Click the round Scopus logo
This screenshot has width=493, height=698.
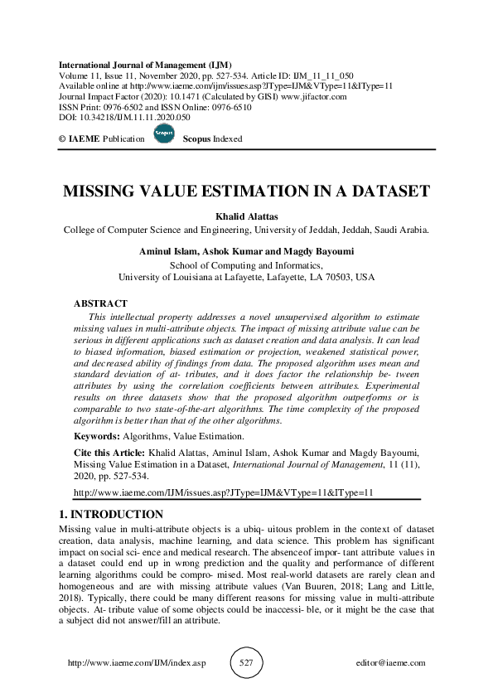pyautogui.click(x=163, y=138)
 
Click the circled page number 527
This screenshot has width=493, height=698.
pyautogui.click(x=246, y=663)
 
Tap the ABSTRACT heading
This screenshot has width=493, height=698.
pyautogui.click(x=100, y=303)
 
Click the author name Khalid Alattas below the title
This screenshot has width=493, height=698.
pyautogui.click(x=246, y=214)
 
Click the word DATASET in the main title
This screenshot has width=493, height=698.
pyautogui.click(x=381, y=190)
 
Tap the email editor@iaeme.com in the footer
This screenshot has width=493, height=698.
pyautogui.click(x=389, y=663)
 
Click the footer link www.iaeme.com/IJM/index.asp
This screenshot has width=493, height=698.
pyautogui.click(x=134, y=663)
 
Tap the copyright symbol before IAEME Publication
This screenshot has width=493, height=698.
pyautogui.click(x=62, y=139)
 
